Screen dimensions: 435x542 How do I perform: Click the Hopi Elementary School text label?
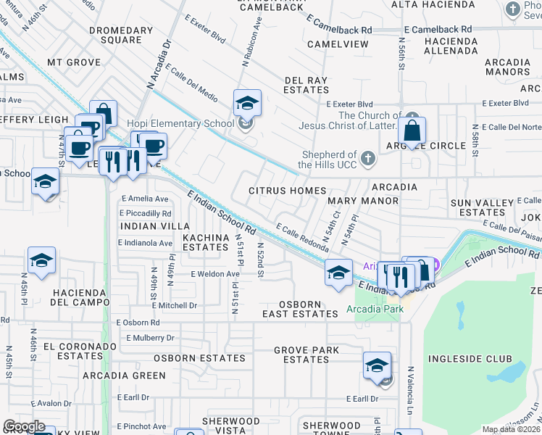(x=180, y=123)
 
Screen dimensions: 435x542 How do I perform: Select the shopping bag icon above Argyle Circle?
(x=412, y=132)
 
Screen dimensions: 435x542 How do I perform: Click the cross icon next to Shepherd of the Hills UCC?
(x=368, y=158)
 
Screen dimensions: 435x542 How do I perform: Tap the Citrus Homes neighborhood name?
(x=287, y=191)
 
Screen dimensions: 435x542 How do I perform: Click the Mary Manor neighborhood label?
(x=363, y=200)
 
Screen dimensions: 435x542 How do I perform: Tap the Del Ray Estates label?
(x=307, y=85)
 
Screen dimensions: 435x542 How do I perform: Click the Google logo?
(x=24, y=426)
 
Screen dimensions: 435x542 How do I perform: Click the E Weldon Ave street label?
(x=215, y=274)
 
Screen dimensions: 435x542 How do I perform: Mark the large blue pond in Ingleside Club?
(x=506, y=373)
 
